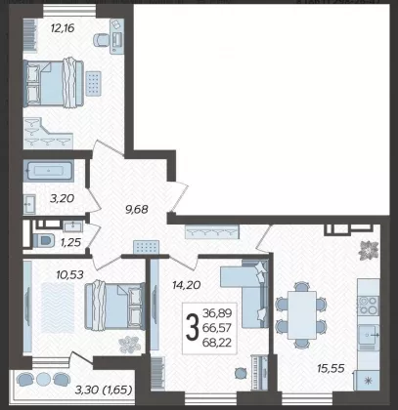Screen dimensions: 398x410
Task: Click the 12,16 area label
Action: [x=63, y=28]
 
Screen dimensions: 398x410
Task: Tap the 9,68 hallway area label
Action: [x=137, y=210]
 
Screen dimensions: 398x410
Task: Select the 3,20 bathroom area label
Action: [x=62, y=198]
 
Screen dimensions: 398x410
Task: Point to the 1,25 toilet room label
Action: [x=70, y=242]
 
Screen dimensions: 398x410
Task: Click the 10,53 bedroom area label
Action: [x=69, y=275]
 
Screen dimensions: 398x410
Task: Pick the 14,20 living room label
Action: [x=186, y=285]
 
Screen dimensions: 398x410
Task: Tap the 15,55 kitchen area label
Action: [x=331, y=368]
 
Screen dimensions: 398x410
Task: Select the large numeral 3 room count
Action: [x=193, y=328]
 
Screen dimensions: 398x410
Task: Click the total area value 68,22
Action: [x=217, y=343]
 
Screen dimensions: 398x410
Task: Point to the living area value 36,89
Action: [x=217, y=313]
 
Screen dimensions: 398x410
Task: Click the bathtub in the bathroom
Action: [x=49, y=170]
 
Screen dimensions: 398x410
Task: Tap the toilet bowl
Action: [x=43, y=241]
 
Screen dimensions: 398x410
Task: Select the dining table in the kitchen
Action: [x=302, y=315]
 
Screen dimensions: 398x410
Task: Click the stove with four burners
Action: [x=369, y=306]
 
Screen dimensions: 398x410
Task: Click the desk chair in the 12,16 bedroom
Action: [x=102, y=40]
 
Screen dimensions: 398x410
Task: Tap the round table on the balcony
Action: [x=43, y=379]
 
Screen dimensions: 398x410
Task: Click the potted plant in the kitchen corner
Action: [x=369, y=250]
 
